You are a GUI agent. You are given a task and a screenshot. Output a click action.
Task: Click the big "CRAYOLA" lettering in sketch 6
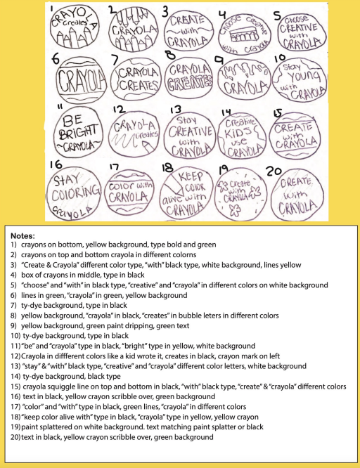pos(75,79)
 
